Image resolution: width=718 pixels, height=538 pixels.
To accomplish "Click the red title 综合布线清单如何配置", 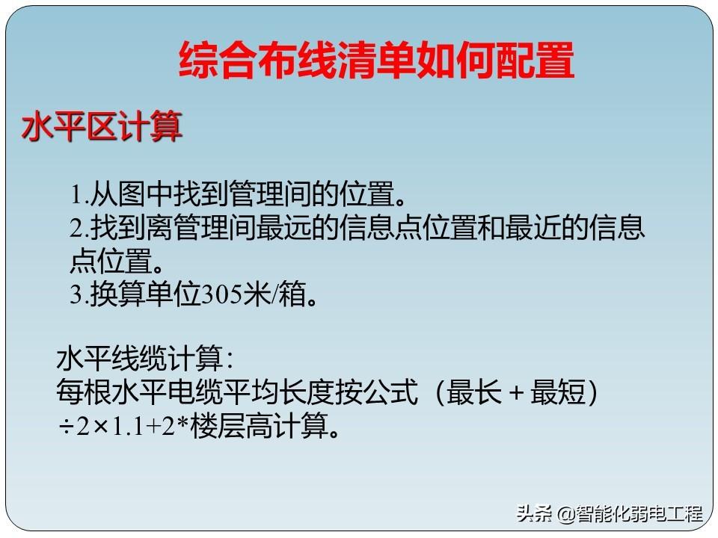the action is tap(376, 60).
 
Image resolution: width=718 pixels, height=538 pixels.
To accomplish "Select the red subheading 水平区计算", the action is tap(102, 126).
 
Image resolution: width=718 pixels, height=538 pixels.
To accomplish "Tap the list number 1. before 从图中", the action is tap(79, 194).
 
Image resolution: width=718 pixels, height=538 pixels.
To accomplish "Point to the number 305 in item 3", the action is tap(222, 294).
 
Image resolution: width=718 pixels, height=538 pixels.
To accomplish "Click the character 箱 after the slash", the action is tap(292, 294).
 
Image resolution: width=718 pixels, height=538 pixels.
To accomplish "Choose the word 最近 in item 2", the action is tap(533, 227).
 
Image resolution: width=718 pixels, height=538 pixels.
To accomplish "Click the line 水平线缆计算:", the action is tap(145, 358).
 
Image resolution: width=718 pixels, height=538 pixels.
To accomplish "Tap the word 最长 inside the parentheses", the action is tap(474, 392).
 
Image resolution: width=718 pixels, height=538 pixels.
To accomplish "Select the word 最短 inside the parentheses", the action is tap(558, 392).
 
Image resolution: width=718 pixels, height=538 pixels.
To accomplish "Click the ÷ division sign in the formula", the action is tap(67, 427).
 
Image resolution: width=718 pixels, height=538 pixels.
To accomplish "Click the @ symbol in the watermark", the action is tap(566, 514).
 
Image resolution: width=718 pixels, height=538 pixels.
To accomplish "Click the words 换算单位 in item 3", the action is tap(145, 294).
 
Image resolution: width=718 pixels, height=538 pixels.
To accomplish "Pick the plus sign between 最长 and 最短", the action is tap(516, 393).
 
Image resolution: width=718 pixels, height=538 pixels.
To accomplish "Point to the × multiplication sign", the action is tap(100, 427).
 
